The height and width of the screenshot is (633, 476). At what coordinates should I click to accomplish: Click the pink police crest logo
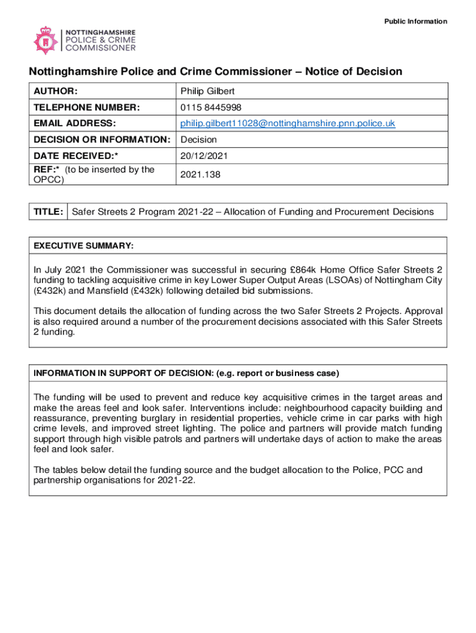[45, 40]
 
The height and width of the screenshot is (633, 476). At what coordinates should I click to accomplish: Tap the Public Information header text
[415, 22]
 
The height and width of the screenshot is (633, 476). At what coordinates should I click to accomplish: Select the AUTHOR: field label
[56, 91]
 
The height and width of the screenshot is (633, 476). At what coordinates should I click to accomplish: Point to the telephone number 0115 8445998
[207, 108]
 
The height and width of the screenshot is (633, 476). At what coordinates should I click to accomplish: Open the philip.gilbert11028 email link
[287, 124]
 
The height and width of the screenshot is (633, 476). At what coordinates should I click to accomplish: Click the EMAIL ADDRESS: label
[75, 124]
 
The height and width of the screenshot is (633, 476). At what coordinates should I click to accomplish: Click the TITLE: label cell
[48, 212]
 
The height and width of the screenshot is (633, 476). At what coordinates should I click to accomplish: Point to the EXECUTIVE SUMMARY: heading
[83, 246]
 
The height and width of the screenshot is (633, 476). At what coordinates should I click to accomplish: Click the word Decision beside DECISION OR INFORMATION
[198, 140]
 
